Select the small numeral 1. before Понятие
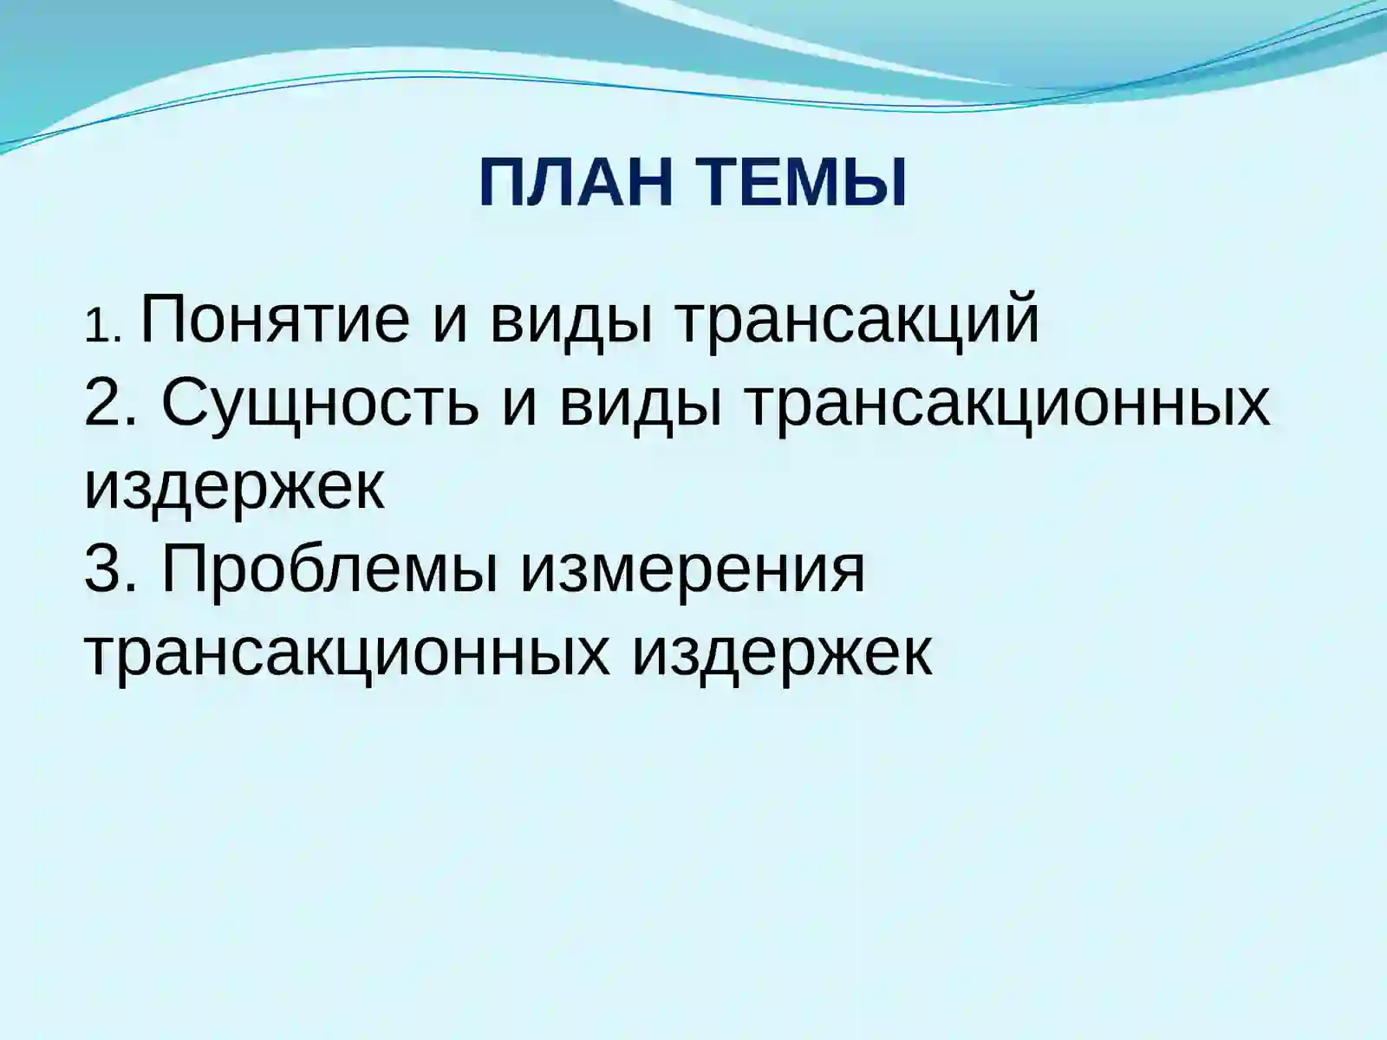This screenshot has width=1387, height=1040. coord(106,328)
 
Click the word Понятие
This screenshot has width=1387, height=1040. coord(274,321)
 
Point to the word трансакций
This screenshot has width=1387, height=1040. coord(856,321)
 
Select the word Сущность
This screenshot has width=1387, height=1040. coord(320,405)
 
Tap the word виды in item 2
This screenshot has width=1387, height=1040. coord(640,405)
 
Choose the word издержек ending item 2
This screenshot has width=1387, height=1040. coord(234,488)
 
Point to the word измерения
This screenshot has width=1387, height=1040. coord(692,570)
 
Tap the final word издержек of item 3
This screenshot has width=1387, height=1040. coord(781,652)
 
